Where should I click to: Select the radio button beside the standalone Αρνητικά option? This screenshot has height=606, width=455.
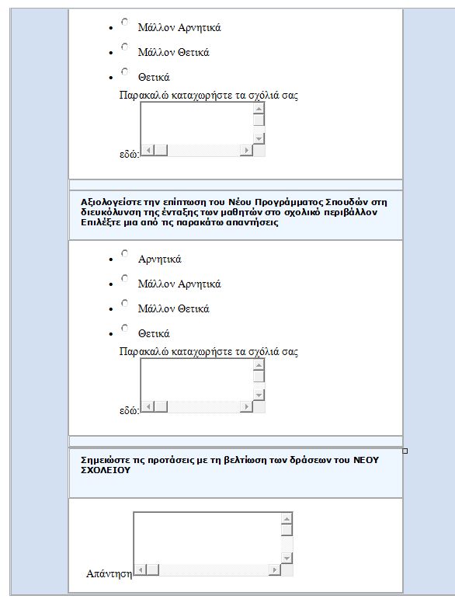point(124,253)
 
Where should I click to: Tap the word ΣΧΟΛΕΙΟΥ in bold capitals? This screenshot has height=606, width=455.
point(106,470)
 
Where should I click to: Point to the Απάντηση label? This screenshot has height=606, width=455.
point(109,573)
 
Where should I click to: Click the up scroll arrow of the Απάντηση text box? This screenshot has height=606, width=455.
point(287,518)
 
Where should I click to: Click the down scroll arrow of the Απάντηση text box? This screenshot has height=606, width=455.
point(287,558)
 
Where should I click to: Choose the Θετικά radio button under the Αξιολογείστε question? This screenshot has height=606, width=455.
point(124,328)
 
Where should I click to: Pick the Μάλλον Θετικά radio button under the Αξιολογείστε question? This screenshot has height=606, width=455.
point(124,303)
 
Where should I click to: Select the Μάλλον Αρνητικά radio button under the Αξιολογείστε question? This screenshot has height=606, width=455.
point(124,278)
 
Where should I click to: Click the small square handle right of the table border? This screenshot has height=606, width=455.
point(405,451)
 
